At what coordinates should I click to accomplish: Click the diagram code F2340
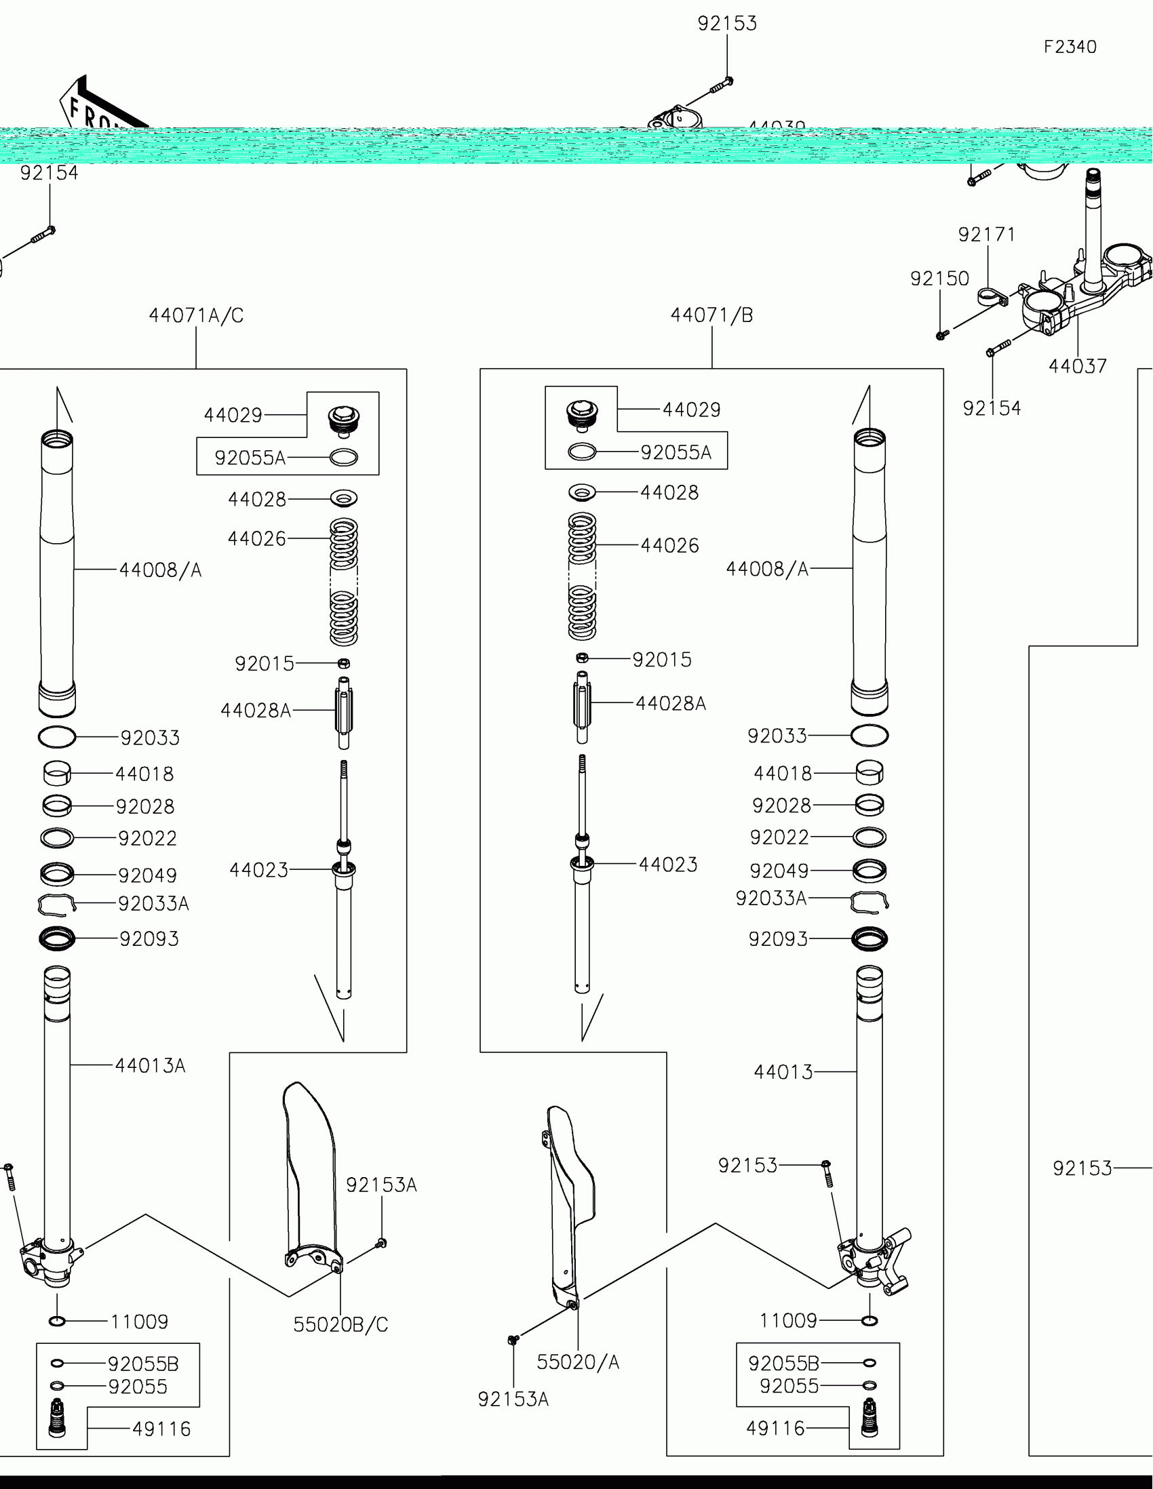click(1070, 47)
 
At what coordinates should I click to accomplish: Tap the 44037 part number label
click(1077, 366)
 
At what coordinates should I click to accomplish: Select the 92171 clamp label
click(987, 235)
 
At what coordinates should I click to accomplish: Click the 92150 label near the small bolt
click(939, 278)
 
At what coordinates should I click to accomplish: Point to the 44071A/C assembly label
click(196, 315)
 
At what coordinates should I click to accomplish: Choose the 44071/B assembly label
click(712, 315)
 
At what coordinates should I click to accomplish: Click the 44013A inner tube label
click(150, 1065)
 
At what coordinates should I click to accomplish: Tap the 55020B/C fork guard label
click(340, 1324)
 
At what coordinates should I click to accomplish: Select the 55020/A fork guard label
click(578, 1362)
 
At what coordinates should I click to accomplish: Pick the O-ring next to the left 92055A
click(344, 458)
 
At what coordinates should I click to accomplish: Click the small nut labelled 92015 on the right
click(582, 658)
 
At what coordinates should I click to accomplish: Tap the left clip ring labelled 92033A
click(56, 904)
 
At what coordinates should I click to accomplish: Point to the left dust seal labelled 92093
click(56, 939)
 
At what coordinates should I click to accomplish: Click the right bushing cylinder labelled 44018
click(869, 773)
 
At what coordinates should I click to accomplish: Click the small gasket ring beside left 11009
click(57, 1322)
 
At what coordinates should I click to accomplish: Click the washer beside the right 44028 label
click(582, 492)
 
